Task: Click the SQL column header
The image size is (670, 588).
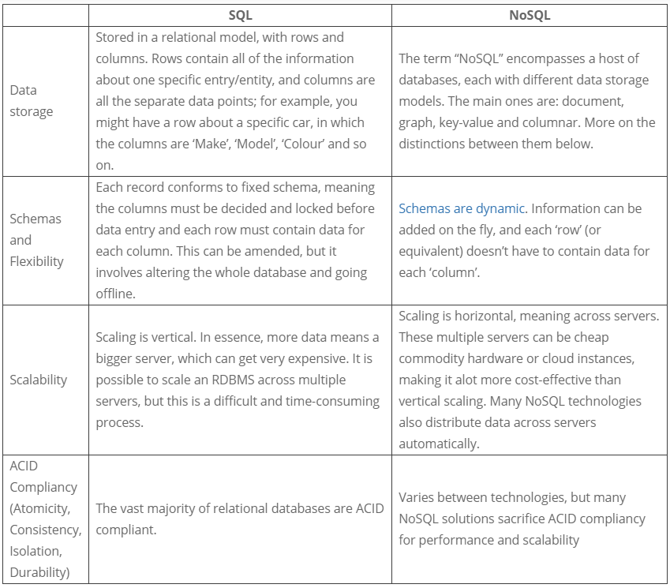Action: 240,14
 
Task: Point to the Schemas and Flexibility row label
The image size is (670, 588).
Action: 36,239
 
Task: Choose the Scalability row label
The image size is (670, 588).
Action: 39,379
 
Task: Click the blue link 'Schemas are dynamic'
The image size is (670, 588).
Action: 462,208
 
